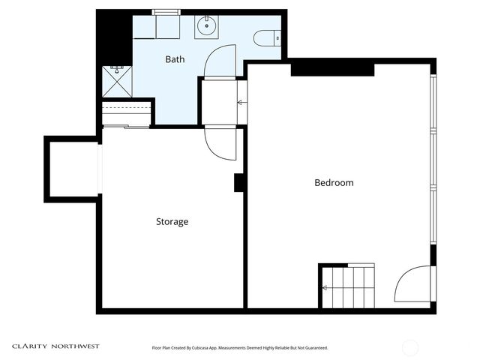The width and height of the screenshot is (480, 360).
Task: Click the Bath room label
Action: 175,58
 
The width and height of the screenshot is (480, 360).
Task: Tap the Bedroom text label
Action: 334,183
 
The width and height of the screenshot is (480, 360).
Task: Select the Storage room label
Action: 172,222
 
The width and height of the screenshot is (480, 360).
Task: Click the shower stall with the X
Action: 116,81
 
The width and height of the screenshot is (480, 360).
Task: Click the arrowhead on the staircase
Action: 325,287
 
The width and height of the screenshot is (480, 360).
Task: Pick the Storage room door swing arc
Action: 220,144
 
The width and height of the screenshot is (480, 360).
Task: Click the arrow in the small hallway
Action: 241,102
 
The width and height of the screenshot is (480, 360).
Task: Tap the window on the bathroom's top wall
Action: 166,12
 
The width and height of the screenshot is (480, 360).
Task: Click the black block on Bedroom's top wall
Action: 331,68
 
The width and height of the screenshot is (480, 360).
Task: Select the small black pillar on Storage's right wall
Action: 239,183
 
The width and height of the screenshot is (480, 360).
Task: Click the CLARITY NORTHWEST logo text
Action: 55,346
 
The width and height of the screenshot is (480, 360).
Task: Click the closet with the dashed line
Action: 126,113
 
